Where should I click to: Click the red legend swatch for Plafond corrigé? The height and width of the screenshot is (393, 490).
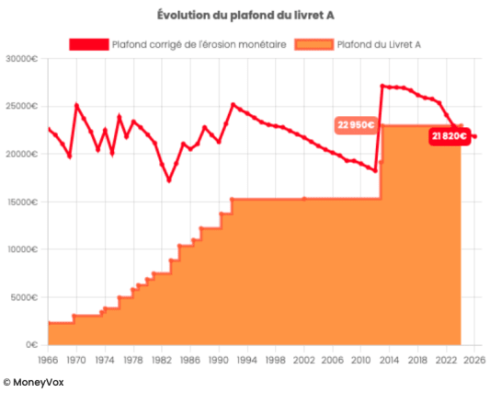pos(88,44)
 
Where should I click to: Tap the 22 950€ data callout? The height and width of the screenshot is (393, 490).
pos(354,124)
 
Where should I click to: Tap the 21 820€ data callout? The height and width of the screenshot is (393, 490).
pos(450,136)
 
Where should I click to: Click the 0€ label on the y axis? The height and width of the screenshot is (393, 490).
pos(29,345)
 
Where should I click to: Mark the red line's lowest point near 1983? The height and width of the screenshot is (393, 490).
pos(169,180)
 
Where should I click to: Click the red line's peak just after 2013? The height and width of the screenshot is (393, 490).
pos(382,86)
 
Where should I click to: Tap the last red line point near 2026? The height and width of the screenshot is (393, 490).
pos(473,136)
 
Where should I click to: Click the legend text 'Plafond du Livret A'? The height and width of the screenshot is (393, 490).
pos(379,44)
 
